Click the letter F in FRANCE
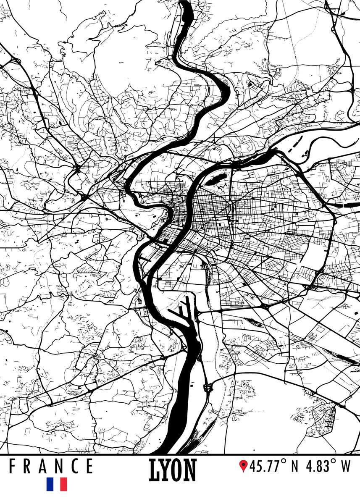click(x=13, y=466)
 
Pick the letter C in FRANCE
click(x=73, y=466)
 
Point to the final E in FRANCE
click(x=89, y=466)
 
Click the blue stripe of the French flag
click(x=50, y=484)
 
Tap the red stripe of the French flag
click(x=63, y=484)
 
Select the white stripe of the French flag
click(x=57, y=484)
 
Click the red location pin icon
click(x=243, y=466)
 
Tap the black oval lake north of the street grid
click(x=214, y=180)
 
